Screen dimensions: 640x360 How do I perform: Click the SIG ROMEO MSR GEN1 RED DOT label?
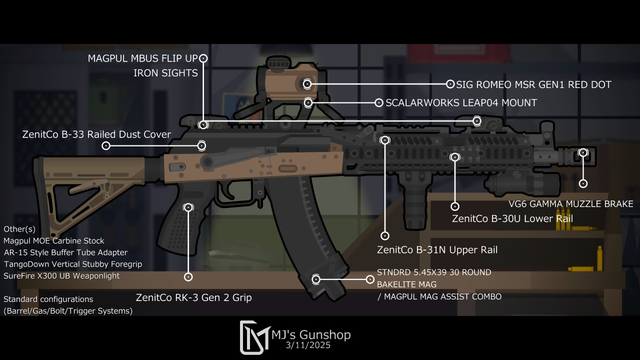(533, 84)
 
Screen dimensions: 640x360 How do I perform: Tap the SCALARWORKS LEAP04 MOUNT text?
(461, 102)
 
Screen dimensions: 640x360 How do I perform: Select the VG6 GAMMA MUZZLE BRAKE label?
(571, 204)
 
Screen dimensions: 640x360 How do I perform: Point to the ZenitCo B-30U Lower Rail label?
(512, 218)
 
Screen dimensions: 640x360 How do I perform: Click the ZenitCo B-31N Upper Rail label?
(437, 250)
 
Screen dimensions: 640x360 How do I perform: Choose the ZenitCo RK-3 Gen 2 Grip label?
(193, 298)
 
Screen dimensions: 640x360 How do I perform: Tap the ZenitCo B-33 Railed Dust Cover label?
(96, 134)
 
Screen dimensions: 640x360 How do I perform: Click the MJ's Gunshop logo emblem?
(254, 337)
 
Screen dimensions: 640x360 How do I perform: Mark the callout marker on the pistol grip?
(188, 208)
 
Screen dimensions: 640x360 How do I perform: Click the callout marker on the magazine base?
(316, 279)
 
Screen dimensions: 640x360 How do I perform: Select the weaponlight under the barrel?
(523, 184)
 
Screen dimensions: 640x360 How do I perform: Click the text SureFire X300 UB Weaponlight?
(62, 276)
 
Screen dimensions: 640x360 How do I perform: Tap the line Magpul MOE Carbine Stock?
(54, 241)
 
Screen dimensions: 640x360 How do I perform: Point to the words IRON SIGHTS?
(166, 73)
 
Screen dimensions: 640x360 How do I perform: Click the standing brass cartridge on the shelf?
(600, 258)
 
